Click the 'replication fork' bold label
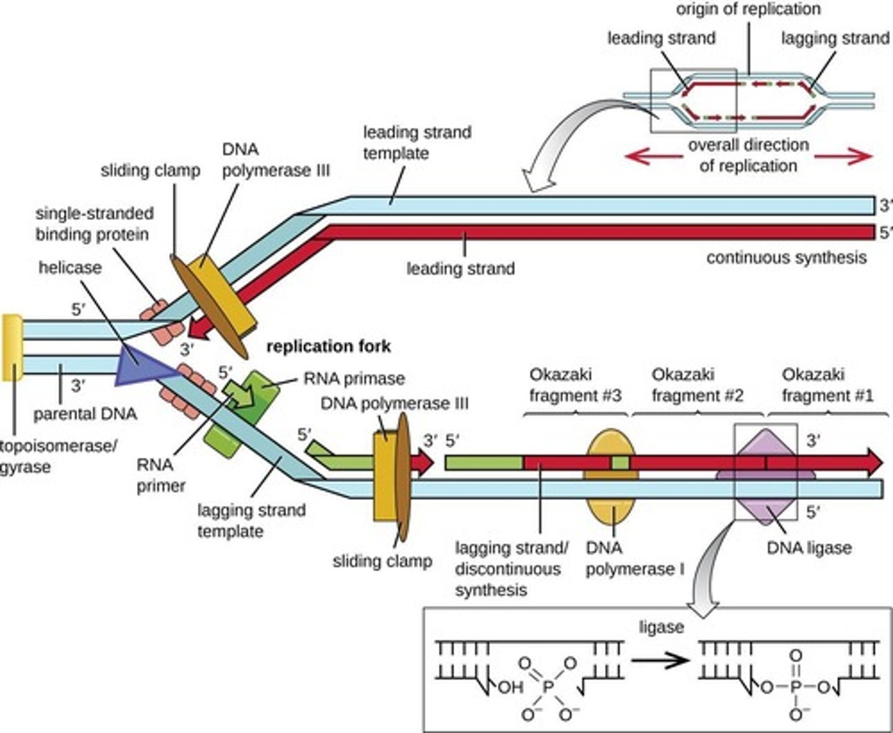point(329,346)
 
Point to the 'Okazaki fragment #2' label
point(697,385)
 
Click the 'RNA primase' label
point(353,379)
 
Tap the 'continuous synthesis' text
point(786,257)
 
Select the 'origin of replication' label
point(748,9)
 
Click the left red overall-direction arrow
point(652,156)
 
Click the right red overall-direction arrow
point(843,156)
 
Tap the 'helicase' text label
point(69,267)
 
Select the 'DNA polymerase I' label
point(634,558)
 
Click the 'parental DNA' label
point(84,413)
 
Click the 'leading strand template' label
point(416,143)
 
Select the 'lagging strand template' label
point(251,520)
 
